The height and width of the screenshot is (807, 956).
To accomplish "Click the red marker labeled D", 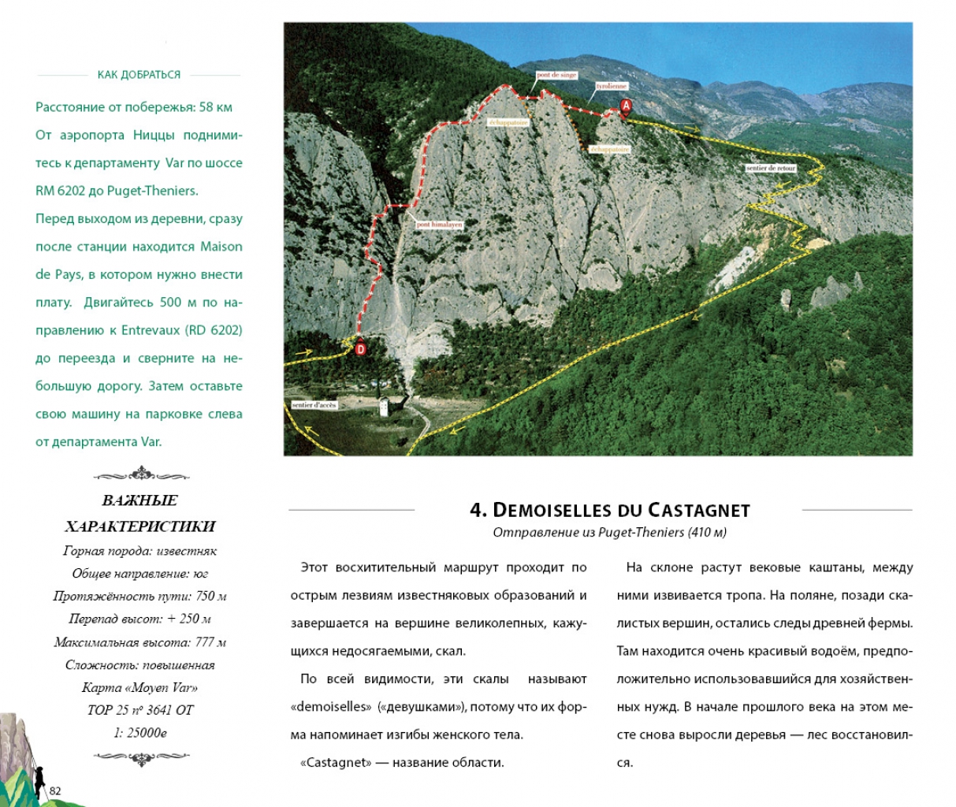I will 361,348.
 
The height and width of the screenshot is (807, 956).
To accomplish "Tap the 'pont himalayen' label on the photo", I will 439,225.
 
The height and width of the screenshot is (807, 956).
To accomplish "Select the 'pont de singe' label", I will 556,75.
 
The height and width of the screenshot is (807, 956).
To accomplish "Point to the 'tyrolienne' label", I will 611,86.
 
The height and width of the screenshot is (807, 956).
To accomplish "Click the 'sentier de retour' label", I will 770,168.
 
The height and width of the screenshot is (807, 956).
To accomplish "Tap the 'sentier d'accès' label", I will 314,405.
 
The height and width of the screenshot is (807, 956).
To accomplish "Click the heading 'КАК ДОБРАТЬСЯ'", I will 139,75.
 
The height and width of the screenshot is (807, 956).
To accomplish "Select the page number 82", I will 55,791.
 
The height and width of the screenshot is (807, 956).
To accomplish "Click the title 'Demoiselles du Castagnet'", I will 609,510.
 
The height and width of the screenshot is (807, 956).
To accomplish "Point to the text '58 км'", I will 216,107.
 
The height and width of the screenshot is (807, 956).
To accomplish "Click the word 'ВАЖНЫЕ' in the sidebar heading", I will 139,500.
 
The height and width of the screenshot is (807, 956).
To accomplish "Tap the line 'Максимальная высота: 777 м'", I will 139,642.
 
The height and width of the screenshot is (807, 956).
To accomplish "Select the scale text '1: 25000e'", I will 139,733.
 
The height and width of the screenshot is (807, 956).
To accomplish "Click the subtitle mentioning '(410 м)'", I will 609,533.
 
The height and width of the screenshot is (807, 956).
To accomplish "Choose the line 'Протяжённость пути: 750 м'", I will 139,597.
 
